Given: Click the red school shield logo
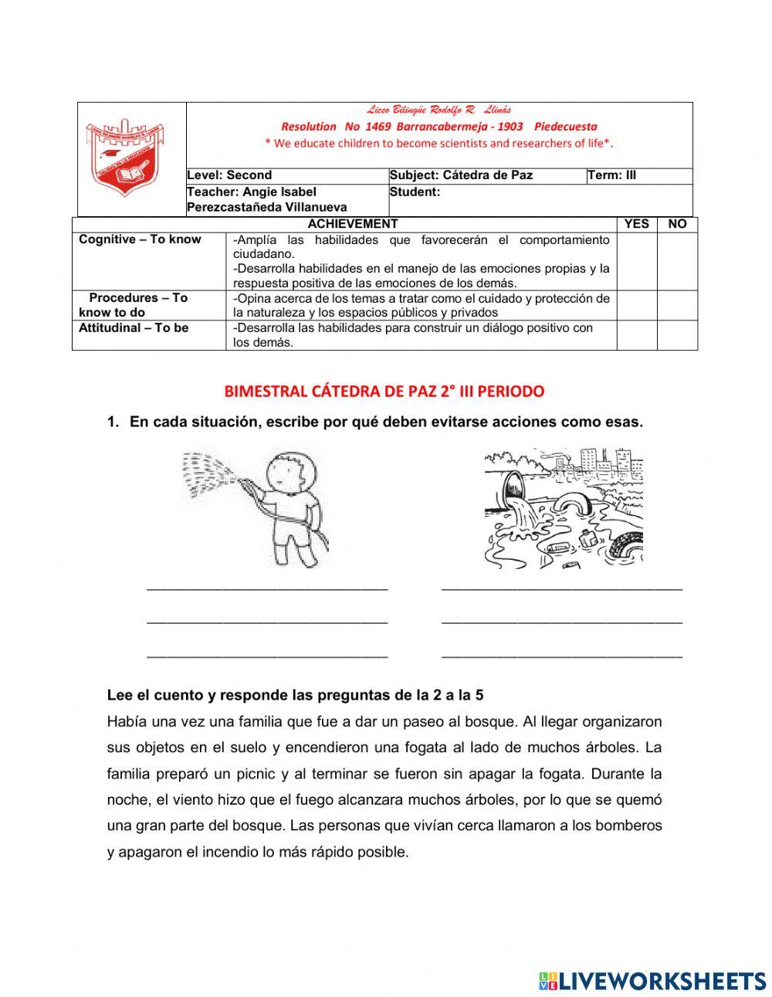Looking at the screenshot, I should click(x=123, y=158).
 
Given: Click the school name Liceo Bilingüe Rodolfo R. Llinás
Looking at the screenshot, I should click(x=438, y=110).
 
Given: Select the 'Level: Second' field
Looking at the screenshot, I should click(x=230, y=175).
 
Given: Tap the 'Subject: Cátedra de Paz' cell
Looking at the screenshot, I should click(x=461, y=175).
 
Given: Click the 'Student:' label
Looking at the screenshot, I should click(x=415, y=192).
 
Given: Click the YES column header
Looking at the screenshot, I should click(x=636, y=224).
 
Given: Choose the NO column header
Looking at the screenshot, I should click(x=677, y=224).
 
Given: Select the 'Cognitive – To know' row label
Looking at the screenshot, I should click(x=140, y=239).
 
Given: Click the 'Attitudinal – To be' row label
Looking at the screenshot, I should click(x=134, y=327).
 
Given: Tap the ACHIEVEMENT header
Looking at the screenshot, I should click(x=353, y=224).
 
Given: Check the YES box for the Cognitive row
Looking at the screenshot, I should click(x=636, y=261).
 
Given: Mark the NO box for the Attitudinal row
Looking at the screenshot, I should click(x=677, y=335).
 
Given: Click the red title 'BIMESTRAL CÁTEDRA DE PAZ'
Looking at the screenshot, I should click(x=384, y=392).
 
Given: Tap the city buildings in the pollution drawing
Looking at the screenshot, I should click(x=610, y=462).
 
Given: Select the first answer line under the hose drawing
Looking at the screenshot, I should click(x=267, y=588).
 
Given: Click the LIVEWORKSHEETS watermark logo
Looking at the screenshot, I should click(x=652, y=980).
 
